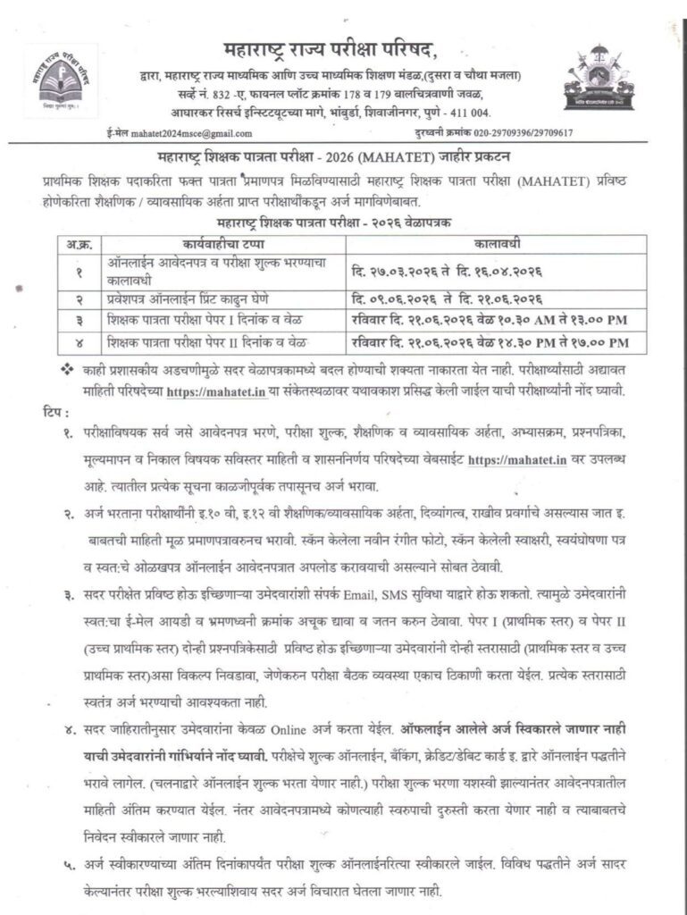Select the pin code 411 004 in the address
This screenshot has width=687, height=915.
(466, 112)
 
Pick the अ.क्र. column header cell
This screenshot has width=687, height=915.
(75, 241)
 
